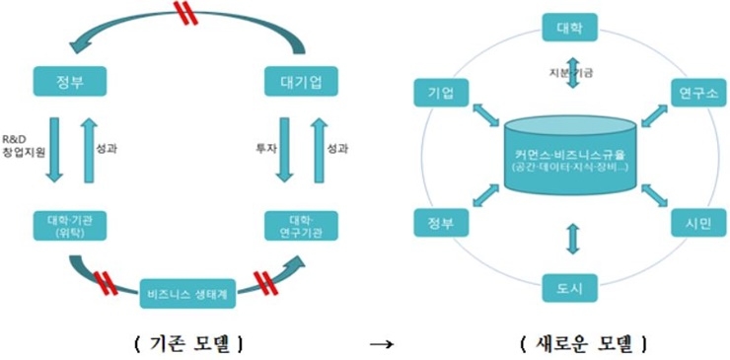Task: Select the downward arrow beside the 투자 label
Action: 285,148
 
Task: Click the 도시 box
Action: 571,288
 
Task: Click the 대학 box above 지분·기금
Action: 571,28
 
